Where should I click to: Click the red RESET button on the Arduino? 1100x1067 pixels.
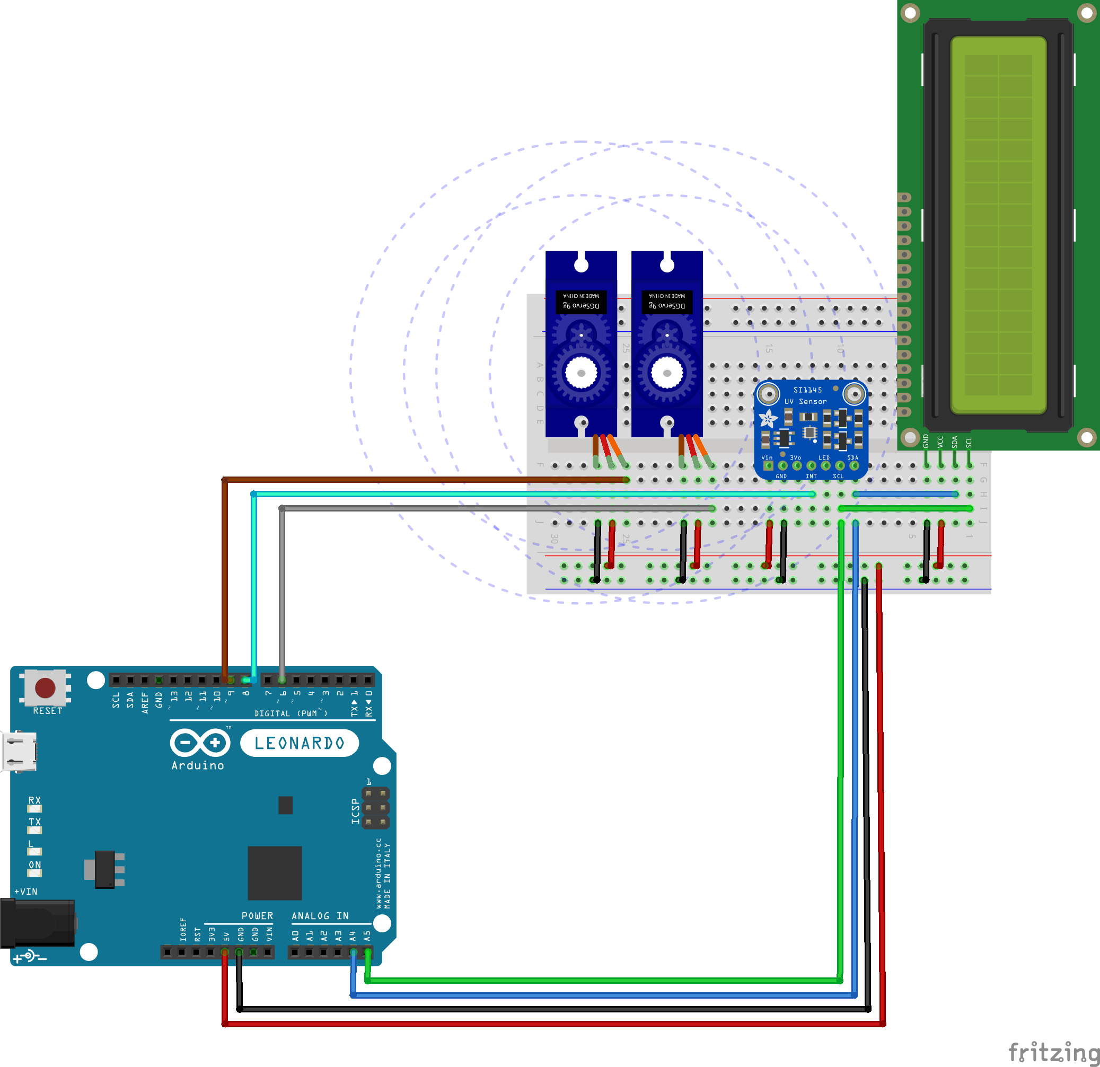pos(45,687)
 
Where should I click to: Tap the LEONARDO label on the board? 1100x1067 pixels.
pos(299,743)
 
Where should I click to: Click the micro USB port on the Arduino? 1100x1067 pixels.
pos(20,752)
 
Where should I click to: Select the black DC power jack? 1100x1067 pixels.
pos(37,923)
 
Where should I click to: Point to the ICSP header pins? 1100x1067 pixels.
pos(375,808)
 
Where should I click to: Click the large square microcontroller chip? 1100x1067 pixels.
pos(275,873)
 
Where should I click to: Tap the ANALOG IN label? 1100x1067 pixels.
pos(320,916)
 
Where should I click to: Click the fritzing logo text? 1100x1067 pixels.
pos(1053,1052)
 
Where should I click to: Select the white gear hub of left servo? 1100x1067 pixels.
pos(581,373)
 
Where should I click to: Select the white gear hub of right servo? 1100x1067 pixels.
pos(667,373)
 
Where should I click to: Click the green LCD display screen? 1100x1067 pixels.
pos(998,225)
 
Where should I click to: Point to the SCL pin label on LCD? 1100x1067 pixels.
pos(969,442)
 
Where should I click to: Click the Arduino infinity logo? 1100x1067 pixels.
pos(200,743)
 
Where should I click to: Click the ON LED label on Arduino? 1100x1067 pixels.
pos(35,865)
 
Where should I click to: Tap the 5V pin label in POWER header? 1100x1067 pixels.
pos(226,937)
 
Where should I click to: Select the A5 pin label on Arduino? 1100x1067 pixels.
pos(367,936)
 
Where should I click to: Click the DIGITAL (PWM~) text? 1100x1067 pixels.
pos(290,713)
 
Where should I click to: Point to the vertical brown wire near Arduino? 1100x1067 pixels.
pos(224,578)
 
